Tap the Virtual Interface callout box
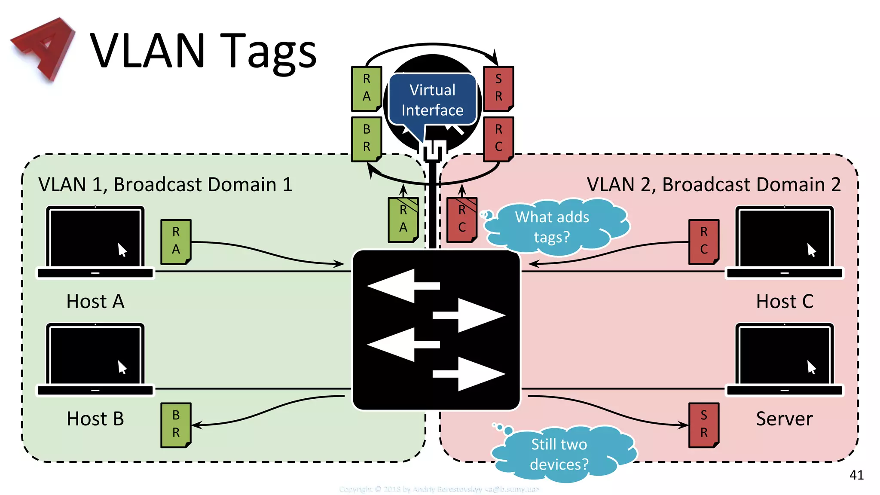[432, 100]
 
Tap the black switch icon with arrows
[436, 330]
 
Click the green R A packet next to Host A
[176, 241]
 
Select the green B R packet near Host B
[176, 425]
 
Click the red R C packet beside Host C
[704, 241]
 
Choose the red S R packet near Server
[704, 425]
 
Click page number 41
[856, 475]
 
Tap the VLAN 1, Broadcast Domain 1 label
[165, 185]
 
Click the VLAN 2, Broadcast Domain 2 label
[713, 185]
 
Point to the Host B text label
[95, 419]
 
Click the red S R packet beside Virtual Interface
[498, 88]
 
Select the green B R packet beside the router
[367, 138]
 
